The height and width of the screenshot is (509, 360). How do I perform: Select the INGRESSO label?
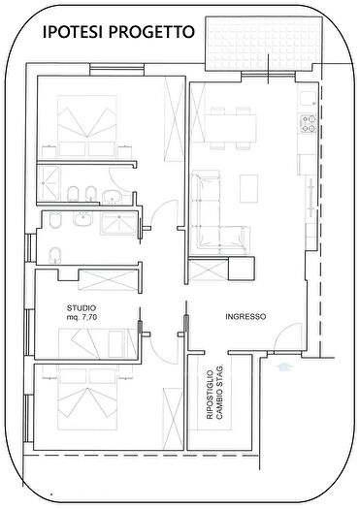click(x=245, y=317)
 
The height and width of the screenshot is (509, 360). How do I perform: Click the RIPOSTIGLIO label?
click(x=210, y=398)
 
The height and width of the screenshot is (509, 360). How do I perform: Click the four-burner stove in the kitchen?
click(x=310, y=123)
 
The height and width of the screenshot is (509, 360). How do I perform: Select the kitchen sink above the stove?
click(x=309, y=98)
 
